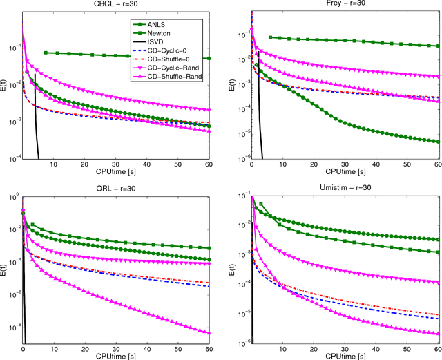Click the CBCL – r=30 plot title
[117, 4]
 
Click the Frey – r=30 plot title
[345, 4]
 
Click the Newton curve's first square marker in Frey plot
[269, 37]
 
